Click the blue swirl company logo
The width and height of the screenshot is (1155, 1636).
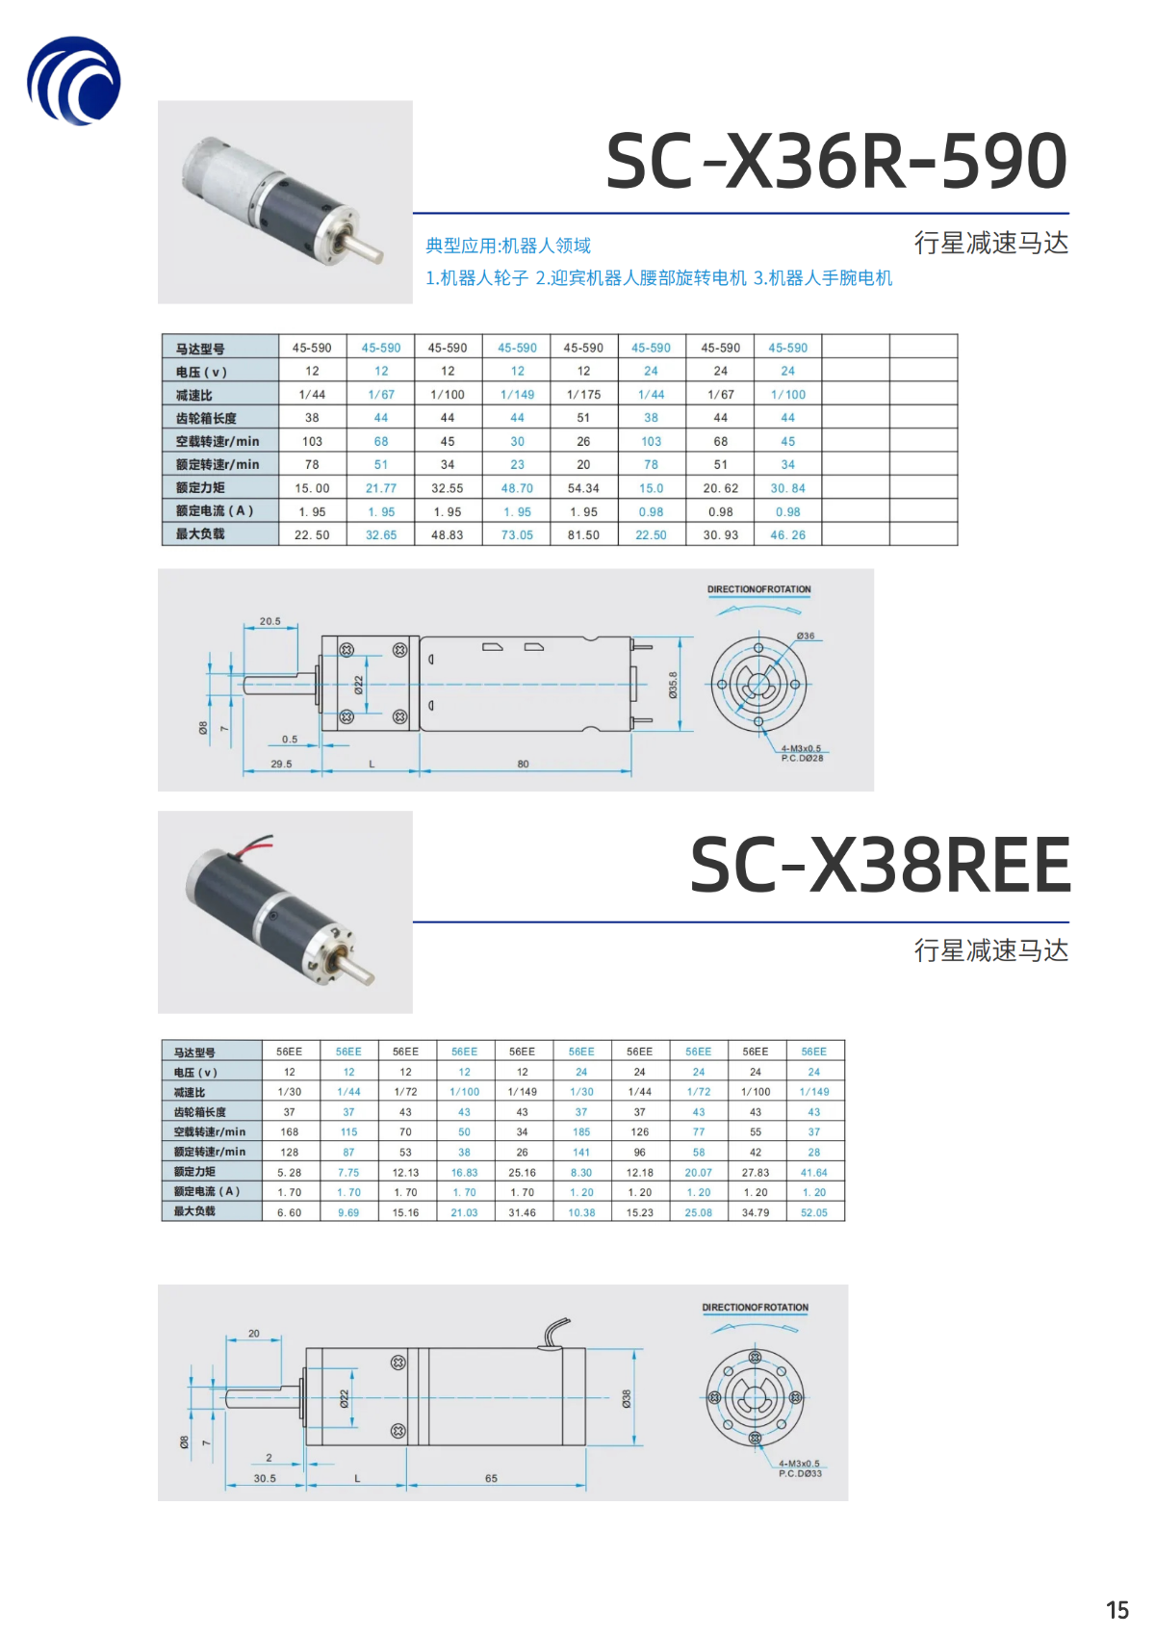(x=74, y=81)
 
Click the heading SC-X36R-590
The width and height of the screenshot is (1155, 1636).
(x=835, y=161)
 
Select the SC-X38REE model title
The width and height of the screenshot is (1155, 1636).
(x=880, y=865)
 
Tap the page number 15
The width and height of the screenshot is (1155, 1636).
(x=1116, y=1610)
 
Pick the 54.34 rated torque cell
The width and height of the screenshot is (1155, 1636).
(x=583, y=488)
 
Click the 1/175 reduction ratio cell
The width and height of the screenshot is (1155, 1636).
(x=583, y=395)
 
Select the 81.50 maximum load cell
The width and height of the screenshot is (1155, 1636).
(x=583, y=535)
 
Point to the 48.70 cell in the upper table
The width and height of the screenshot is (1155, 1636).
(x=517, y=488)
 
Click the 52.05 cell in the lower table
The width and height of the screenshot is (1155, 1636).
(x=814, y=1212)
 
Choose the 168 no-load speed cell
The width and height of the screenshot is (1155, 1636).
(x=290, y=1132)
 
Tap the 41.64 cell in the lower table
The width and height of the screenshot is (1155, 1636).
(x=814, y=1173)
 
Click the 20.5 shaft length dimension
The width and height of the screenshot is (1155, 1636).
(x=270, y=621)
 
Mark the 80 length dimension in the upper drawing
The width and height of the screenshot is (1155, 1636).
(x=523, y=764)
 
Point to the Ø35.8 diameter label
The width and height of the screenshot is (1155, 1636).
(x=673, y=685)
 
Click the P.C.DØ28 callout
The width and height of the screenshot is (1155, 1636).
(x=802, y=759)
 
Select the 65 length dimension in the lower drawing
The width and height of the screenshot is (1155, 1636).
(x=491, y=1478)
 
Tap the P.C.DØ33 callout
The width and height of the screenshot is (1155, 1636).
(x=800, y=1473)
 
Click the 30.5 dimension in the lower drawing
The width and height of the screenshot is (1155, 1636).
(x=265, y=1478)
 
